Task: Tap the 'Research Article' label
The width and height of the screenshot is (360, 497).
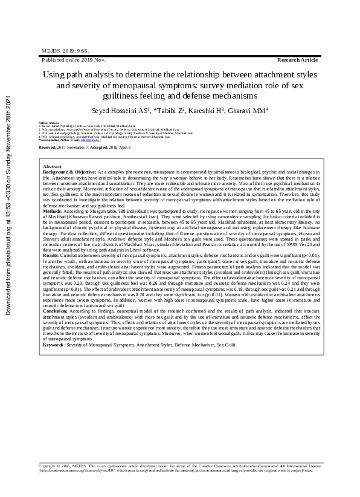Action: click(x=297, y=61)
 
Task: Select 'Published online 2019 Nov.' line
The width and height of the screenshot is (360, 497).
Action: click(x=73, y=61)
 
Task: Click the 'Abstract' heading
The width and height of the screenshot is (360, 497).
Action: click(x=52, y=166)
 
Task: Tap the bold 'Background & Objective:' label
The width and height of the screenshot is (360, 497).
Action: click(x=69, y=172)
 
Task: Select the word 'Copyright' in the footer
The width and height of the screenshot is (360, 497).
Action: click(x=49, y=466)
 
